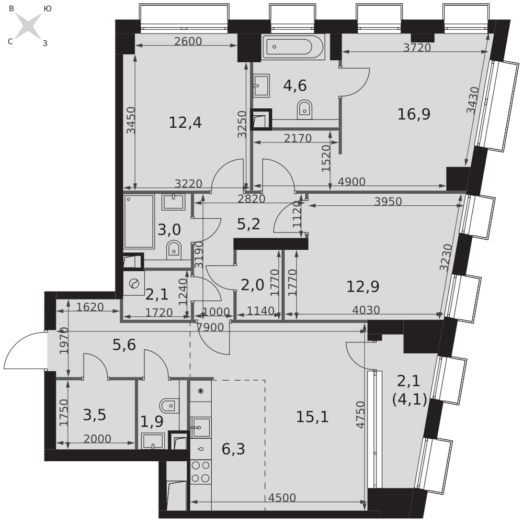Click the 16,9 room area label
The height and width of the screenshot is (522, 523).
pos(414,114)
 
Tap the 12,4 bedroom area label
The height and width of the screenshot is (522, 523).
pos(185,123)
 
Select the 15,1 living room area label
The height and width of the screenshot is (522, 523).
pos(312,417)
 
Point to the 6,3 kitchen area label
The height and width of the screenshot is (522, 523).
pos(233,449)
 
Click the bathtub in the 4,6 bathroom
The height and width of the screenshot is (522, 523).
pos(292,47)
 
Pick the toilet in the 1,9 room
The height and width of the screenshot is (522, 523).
pos(169,406)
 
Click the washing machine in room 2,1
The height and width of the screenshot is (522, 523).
pos(134,283)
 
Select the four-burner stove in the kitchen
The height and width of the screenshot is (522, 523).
pos(201,472)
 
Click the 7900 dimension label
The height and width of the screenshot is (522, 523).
pos(210,327)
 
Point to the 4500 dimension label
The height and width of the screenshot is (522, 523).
pos(282,498)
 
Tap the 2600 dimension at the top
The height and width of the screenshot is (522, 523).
pos(188,41)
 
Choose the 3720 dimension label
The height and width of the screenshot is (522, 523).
pos(417,48)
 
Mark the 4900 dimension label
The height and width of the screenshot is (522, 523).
pos(351,182)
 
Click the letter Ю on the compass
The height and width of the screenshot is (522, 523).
pos(48,9)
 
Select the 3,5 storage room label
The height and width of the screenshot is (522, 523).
pos(94,415)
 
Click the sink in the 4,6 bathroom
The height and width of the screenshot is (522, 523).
pos(261,85)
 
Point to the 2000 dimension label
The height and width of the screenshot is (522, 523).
pos(97,439)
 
